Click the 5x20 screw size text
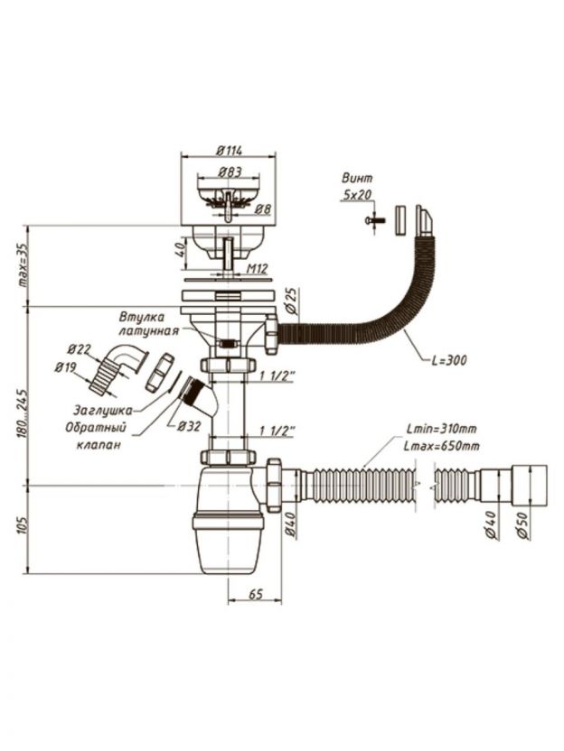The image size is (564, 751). [357, 193]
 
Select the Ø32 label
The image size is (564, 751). [188, 425]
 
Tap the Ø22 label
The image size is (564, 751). [80, 350]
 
